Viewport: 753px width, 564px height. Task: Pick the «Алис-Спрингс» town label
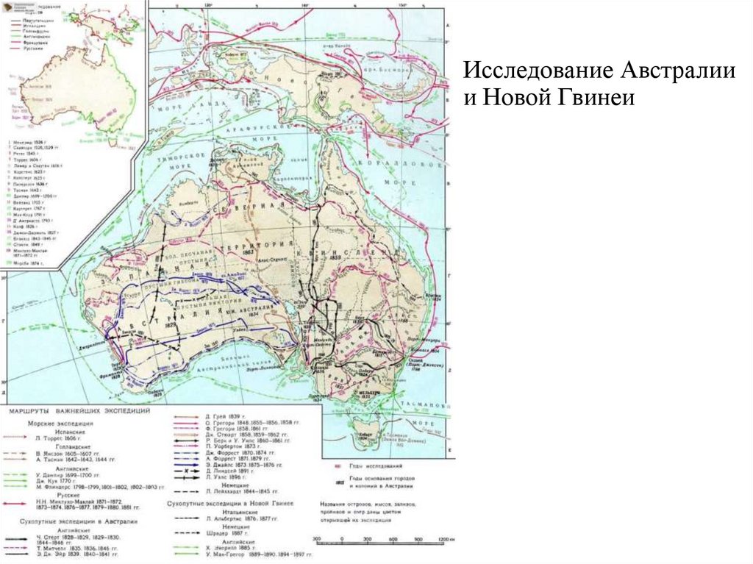pyautogui.click(x=268, y=260)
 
